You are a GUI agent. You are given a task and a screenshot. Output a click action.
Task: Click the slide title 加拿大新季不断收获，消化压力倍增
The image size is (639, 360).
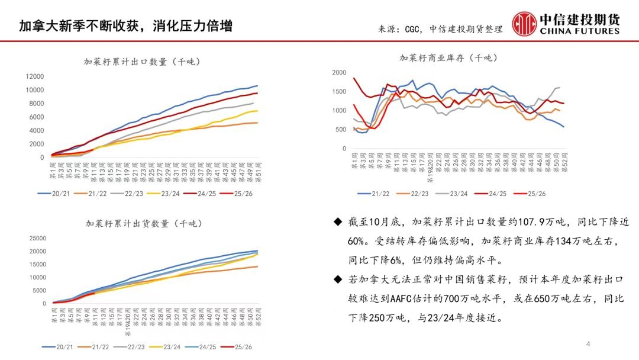click(125, 25)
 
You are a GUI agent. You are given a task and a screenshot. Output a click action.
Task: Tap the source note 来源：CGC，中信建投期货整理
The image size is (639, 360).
click(440, 29)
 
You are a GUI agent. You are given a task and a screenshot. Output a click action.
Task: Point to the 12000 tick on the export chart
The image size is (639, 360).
click(35, 76)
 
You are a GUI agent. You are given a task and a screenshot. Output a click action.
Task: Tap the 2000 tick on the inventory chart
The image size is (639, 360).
click(339, 73)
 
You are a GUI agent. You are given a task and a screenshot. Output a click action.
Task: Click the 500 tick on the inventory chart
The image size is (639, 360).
click(341, 130)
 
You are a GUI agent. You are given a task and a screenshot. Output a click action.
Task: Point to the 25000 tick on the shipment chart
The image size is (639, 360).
click(37, 238)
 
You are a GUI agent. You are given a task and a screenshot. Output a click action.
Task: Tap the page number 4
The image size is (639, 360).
click(588, 344)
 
